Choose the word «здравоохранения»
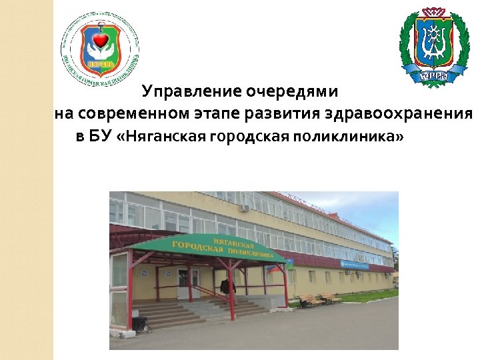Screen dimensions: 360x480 point(398,114)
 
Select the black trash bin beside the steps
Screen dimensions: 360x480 point(140,324)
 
